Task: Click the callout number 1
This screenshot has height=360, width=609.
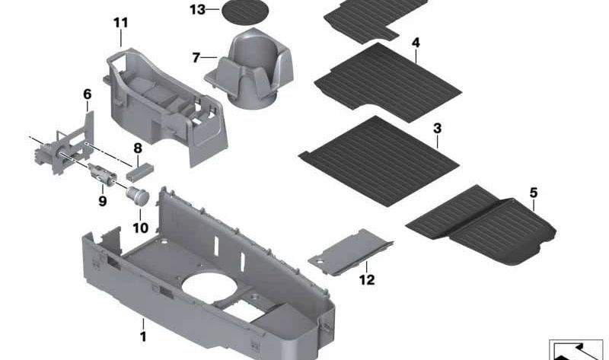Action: [142, 336]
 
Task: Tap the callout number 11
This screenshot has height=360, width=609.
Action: [121, 23]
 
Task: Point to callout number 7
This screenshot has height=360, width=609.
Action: [196, 57]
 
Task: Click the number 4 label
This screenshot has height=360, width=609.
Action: [416, 43]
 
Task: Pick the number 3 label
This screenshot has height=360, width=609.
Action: [437, 129]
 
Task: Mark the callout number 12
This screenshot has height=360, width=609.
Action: [367, 279]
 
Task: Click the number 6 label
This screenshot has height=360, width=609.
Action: [87, 94]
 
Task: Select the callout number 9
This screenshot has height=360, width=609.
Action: [102, 202]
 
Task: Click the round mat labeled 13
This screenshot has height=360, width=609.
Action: [246, 13]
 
